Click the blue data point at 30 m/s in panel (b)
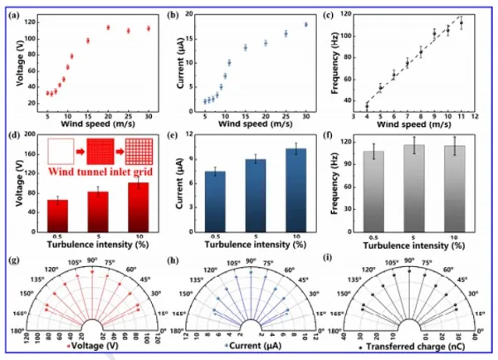(x=305, y=24)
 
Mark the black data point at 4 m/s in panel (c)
(x=367, y=105)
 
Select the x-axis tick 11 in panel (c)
(x=461, y=117)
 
